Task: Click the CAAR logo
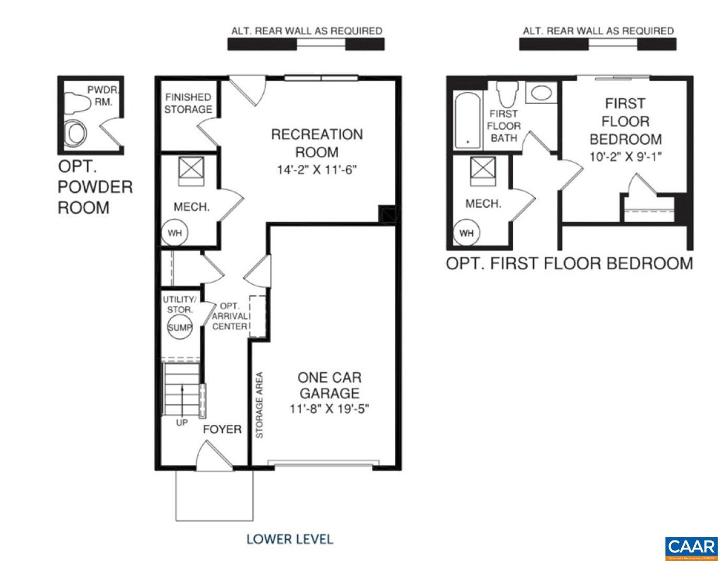click(x=691, y=548)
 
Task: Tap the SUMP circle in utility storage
click(x=180, y=327)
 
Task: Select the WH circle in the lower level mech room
click(x=175, y=233)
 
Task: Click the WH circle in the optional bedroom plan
click(x=466, y=233)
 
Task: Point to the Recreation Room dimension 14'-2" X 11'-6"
click(x=317, y=170)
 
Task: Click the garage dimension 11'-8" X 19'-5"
click(x=330, y=409)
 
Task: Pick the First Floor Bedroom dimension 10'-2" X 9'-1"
click(x=626, y=156)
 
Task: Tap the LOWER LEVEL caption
click(x=289, y=539)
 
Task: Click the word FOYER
click(x=222, y=430)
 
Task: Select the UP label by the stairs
click(x=182, y=423)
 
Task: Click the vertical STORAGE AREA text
click(x=259, y=405)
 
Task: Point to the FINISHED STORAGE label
click(x=188, y=103)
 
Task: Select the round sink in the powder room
click(x=76, y=134)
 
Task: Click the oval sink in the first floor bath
click(x=541, y=94)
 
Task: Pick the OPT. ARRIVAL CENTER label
click(x=230, y=316)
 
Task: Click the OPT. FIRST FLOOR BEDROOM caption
click(x=569, y=263)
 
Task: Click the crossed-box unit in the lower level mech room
click(x=188, y=168)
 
